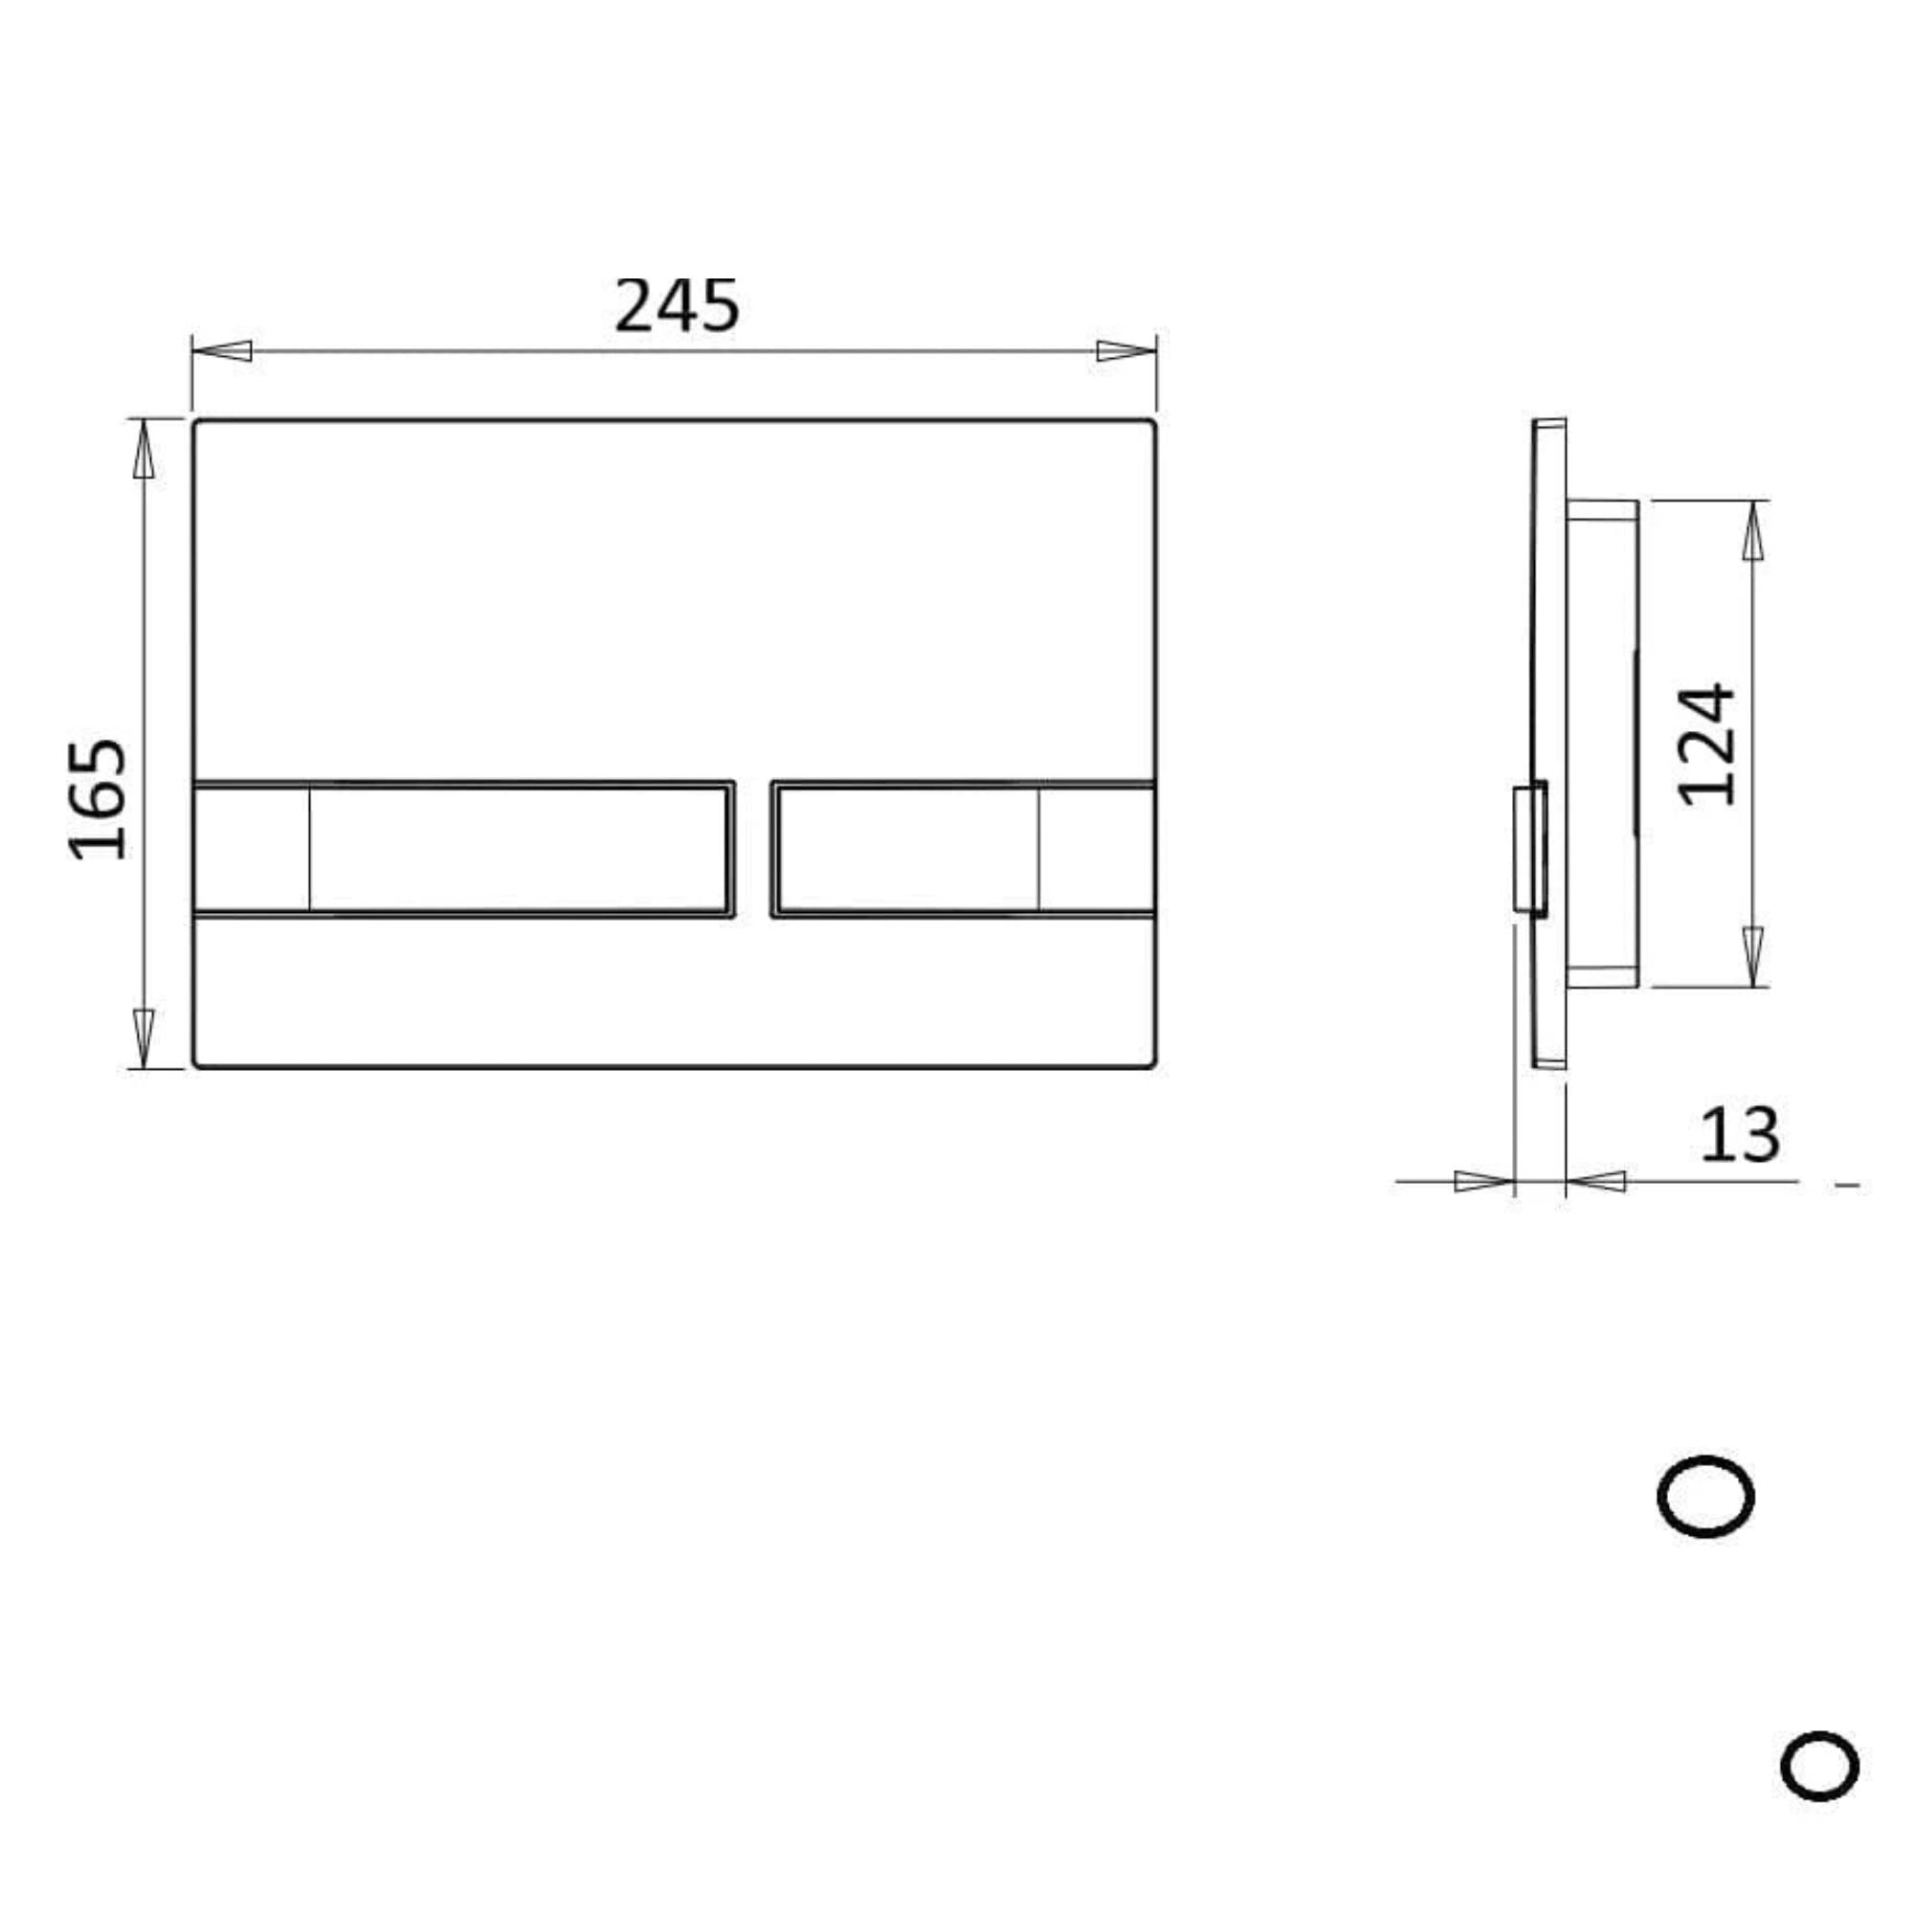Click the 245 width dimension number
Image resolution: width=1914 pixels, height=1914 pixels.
677,305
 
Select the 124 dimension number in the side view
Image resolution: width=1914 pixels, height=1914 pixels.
1708,744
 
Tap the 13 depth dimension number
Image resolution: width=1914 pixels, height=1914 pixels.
1740,1135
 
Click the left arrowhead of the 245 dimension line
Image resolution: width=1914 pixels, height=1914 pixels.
223,350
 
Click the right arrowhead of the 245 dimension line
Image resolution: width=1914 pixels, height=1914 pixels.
1125,350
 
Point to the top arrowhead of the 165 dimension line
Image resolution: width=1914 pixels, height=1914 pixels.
144,449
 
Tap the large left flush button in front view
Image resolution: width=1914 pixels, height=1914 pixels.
517,849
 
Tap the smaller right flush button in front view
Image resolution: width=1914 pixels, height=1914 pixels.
906,849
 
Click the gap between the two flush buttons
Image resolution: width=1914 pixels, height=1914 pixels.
753,849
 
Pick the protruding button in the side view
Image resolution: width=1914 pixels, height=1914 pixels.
1529,848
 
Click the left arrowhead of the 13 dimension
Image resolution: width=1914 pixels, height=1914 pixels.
1484,1181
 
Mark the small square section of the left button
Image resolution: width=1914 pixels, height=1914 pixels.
252,849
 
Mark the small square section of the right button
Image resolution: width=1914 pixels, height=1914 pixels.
1096,849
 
